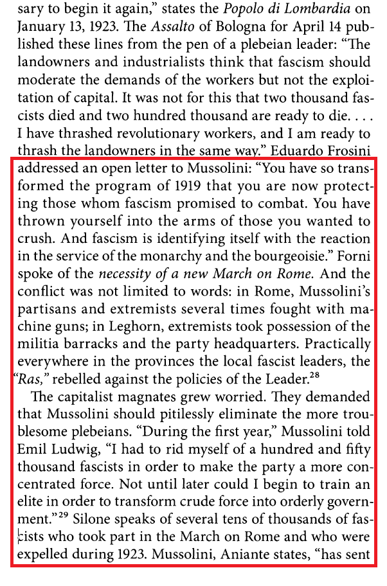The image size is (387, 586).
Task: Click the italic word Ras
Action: point(29,377)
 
